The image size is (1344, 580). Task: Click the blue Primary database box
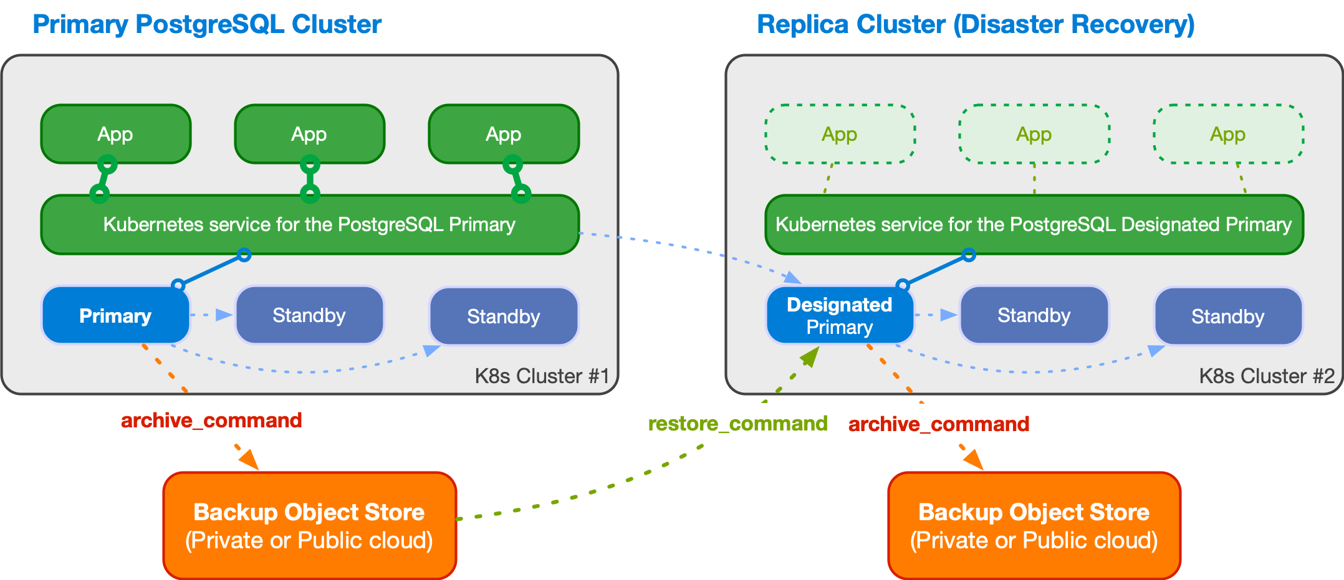pos(115,316)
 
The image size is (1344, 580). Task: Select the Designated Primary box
pos(839,316)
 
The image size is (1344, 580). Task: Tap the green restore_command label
pos(737,424)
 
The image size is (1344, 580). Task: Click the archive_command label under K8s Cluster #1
pos(211,421)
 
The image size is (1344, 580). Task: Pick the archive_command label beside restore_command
pos(938,424)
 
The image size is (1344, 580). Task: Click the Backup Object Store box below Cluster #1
pos(309,526)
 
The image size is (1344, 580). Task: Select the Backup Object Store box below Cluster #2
pos(1034,526)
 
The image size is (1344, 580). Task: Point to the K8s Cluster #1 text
pos(542,376)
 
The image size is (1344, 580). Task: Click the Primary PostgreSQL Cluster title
pos(207,24)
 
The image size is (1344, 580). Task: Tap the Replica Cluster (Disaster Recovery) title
pos(975,24)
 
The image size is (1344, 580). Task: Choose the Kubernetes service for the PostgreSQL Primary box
pos(309,224)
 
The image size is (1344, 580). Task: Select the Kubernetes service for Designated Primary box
pos(1034,224)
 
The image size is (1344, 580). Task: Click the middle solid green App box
pos(309,134)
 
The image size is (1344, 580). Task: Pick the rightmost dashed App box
pos(1227,134)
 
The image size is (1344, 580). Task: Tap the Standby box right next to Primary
pos(309,316)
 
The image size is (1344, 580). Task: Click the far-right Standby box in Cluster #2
pos(1227,316)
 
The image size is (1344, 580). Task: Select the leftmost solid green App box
pos(115,134)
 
